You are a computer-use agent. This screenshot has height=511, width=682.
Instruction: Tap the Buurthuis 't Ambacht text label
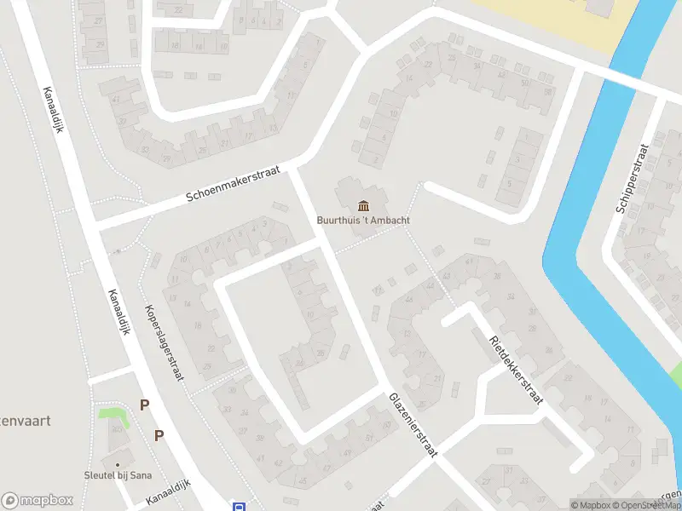click(364, 220)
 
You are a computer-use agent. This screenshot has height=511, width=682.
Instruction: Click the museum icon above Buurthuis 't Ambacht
click(364, 205)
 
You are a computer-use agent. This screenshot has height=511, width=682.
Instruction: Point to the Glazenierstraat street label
click(413, 426)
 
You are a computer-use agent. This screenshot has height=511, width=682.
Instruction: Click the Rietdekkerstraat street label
click(515, 373)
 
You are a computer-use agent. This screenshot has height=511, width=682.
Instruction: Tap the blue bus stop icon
click(238, 506)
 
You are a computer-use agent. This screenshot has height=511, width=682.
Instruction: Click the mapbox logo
click(38, 501)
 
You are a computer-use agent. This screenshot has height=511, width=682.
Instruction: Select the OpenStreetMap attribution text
click(644, 505)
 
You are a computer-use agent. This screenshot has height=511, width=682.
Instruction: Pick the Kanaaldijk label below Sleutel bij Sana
click(168, 491)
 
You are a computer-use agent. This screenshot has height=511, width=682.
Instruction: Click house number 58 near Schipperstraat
click(547, 92)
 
